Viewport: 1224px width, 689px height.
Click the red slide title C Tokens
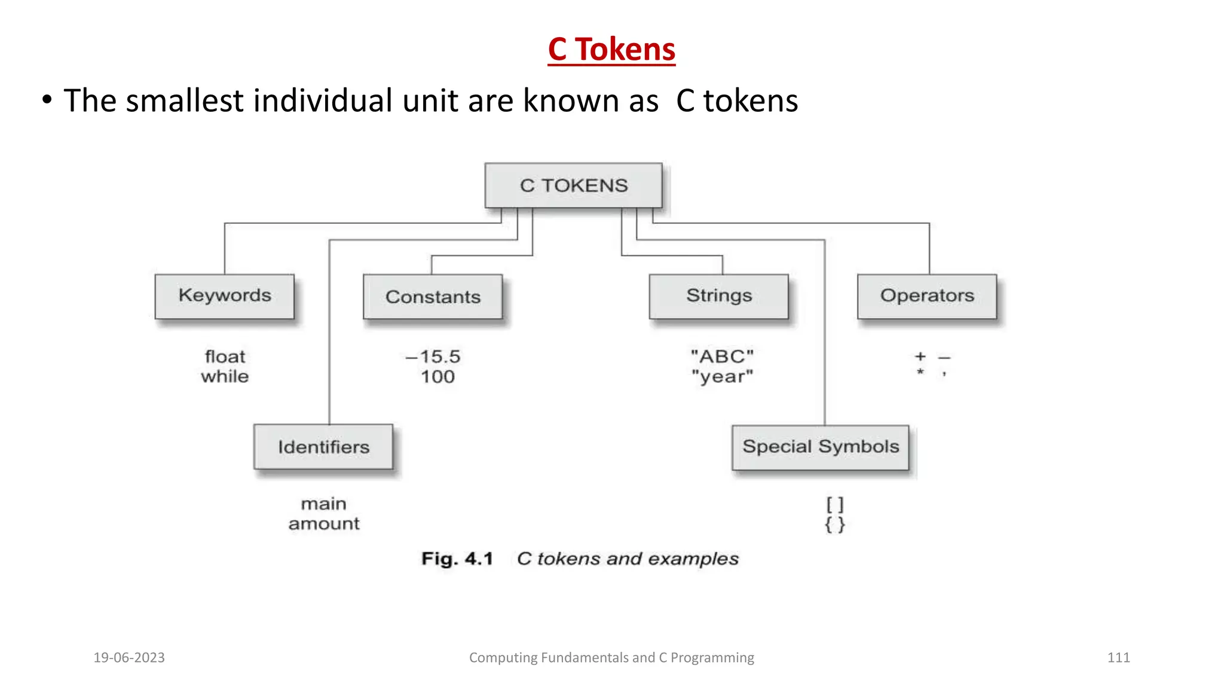[x=611, y=49]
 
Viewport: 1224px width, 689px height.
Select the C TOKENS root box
[x=573, y=185]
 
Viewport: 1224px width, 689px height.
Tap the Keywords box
[x=225, y=296]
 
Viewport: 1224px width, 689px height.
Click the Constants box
[x=433, y=297]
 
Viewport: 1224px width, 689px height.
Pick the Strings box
[x=719, y=296]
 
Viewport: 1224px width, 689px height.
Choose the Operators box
[x=927, y=296]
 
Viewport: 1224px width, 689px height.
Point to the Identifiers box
[x=323, y=447]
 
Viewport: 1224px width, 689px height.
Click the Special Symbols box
[x=821, y=447]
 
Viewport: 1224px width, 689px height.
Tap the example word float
[x=225, y=356]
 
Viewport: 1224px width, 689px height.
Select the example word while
[x=225, y=376]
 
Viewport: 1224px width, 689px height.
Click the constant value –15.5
[x=433, y=356]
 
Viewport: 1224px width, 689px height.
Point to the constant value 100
[x=437, y=377]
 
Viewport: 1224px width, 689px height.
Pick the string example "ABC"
[x=722, y=356]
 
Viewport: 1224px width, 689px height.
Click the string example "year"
[x=722, y=377]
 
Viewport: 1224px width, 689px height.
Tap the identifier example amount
[x=324, y=524]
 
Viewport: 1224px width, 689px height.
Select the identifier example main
[x=323, y=504]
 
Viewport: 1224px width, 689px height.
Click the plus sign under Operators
[x=920, y=356]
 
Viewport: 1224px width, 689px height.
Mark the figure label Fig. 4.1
[x=457, y=559]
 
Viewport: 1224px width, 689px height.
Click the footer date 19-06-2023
[x=129, y=657]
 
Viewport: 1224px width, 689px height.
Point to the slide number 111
[x=1118, y=657]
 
